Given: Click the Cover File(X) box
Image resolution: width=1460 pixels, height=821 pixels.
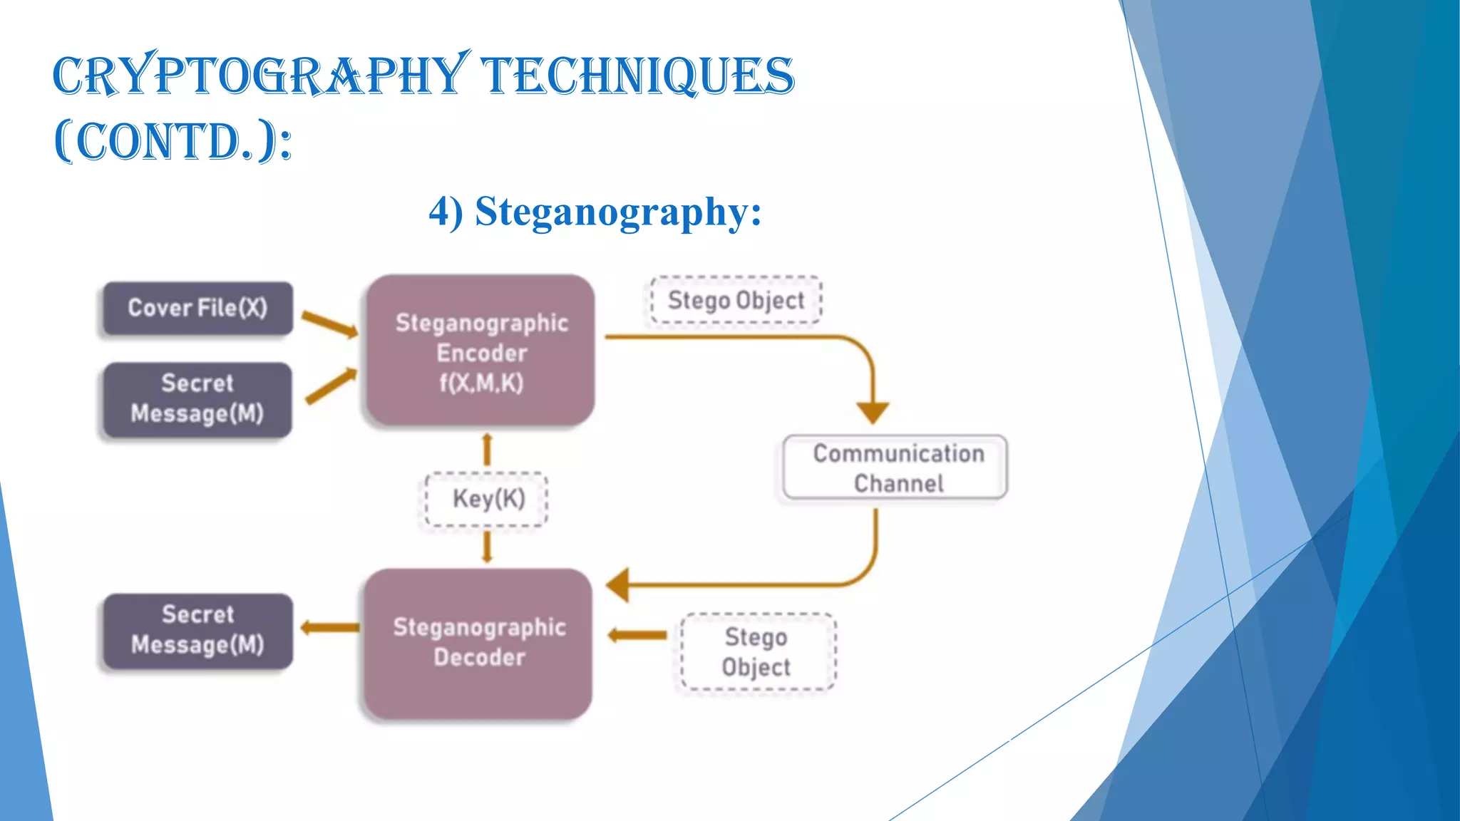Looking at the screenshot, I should pos(197,308).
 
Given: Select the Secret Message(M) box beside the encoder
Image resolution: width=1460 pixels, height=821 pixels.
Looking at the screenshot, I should pos(197,399).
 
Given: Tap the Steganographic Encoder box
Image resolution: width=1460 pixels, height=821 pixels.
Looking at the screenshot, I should pos(481,351).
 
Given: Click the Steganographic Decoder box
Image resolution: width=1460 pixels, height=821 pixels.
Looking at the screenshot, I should pos(479,643).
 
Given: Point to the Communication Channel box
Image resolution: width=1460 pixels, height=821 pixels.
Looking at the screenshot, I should pos(896,468).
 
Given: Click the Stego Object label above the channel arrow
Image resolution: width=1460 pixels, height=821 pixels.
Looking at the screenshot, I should pos(736,300).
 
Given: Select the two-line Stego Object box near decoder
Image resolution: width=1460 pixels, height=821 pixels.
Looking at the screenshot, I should pos(756,651).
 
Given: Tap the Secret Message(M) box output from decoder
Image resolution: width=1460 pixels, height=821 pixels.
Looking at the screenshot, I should pos(197,630).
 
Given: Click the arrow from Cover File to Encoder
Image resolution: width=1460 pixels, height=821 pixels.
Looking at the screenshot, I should pos(329,324).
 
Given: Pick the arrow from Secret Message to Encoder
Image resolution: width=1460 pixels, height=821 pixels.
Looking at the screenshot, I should pos(331,386).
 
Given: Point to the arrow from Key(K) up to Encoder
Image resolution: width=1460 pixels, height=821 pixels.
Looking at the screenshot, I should pos(488,449).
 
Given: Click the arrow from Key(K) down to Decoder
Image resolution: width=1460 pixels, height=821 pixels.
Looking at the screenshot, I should pos(488,547).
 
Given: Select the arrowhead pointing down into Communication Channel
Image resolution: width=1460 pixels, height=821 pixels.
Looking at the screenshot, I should pos(873,412).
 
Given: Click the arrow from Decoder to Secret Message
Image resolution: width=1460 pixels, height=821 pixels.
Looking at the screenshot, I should pos(329,628).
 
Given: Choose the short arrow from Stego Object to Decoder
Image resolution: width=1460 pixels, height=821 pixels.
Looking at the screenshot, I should pos(637,635).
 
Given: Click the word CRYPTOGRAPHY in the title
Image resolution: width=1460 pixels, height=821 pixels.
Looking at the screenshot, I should pos(260,76).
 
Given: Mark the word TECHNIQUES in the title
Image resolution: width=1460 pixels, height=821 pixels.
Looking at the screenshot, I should pos(637,76).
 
